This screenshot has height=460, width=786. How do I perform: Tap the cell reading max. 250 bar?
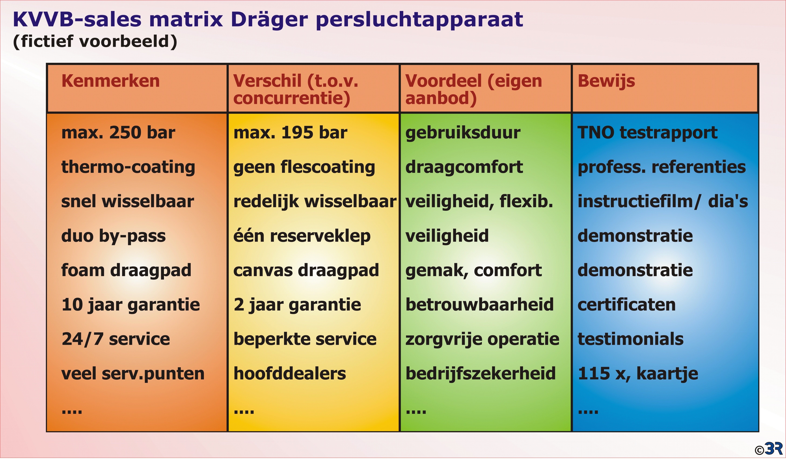click(x=118, y=133)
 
